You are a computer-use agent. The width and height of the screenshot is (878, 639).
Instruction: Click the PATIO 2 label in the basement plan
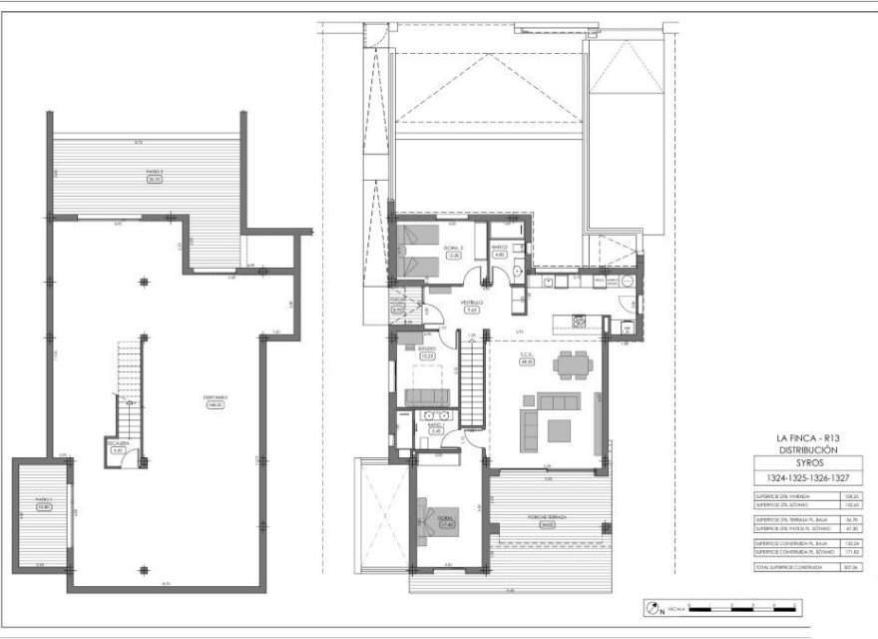tap(154, 172)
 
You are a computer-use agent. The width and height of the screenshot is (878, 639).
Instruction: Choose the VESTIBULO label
tap(472, 302)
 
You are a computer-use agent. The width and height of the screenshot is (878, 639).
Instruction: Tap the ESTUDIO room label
tap(426, 350)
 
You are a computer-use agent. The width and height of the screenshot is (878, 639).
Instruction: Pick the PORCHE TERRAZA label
tap(547, 517)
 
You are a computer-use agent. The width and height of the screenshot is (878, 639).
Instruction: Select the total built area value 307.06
tap(851, 565)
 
